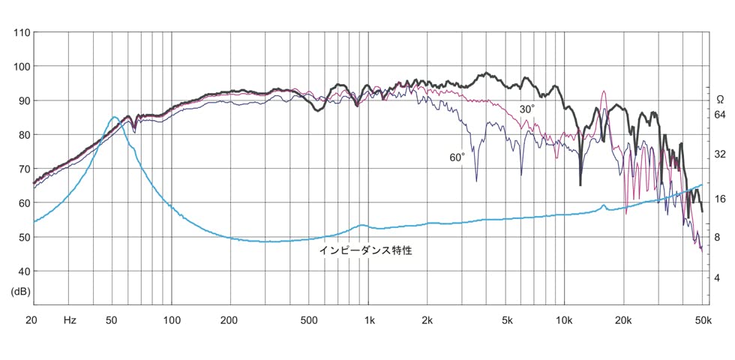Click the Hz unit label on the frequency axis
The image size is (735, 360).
click(70, 320)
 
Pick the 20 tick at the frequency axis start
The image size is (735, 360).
click(32, 320)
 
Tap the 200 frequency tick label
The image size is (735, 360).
click(229, 320)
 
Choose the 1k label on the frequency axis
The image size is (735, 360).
click(370, 320)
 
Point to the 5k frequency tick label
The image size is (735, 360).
click(508, 320)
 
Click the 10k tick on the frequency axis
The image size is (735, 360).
click(565, 320)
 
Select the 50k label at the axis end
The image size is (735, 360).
click(703, 320)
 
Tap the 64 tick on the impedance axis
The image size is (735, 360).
click(720, 115)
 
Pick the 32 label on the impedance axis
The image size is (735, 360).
click(720, 155)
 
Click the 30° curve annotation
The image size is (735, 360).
click(528, 109)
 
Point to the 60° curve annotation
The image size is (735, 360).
click(457, 157)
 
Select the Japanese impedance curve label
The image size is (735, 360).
click(366, 251)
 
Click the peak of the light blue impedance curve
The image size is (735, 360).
click(113, 117)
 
